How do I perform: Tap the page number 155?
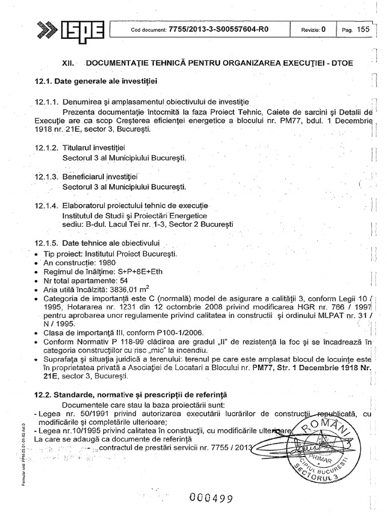coord(363,29)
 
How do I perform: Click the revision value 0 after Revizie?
coord(324,29)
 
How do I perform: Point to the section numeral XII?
coord(68,63)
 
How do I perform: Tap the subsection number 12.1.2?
coord(47,147)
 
